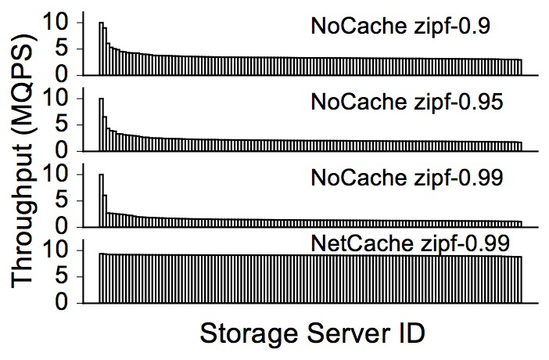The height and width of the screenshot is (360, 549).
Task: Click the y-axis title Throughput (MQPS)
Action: tap(22, 162)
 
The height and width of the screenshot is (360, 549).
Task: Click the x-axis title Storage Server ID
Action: tap(312, 333)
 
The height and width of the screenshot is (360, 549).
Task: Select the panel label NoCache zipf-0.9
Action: tap(400, 26)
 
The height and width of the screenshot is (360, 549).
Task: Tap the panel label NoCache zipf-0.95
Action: tap(407, 102)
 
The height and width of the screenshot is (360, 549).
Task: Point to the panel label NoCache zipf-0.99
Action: tap(407, 178)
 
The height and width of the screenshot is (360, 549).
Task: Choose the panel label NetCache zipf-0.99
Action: tap(410, 243)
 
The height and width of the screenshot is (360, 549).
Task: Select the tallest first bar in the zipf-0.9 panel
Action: tap(102, 49)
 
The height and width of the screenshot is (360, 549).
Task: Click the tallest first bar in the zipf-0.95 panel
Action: tap(102, 124)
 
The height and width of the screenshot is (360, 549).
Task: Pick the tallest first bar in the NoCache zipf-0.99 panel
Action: tap(102, 200)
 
